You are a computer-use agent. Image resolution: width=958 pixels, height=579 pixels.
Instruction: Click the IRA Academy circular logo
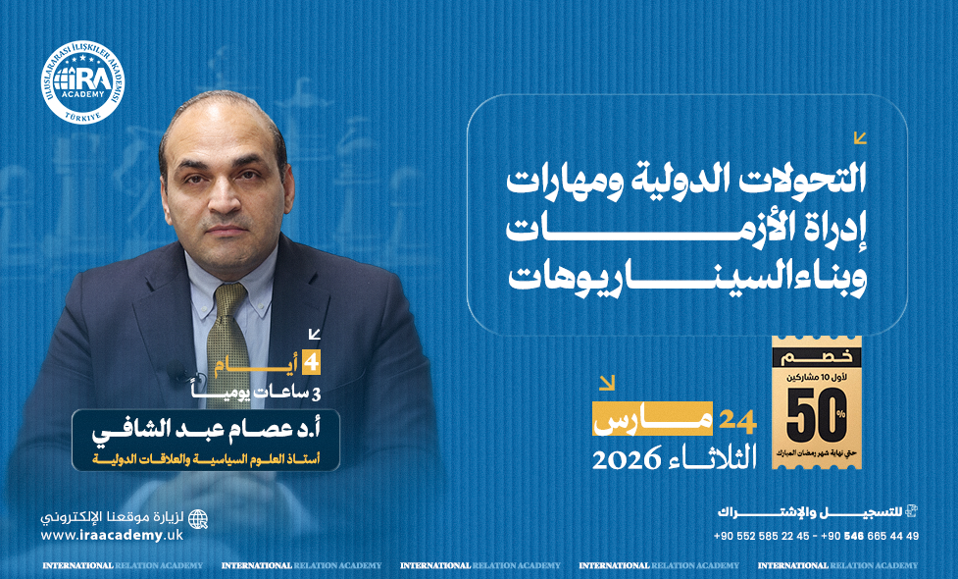[82, 82]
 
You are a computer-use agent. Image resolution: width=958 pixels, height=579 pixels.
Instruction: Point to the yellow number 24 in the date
[738, 421]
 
